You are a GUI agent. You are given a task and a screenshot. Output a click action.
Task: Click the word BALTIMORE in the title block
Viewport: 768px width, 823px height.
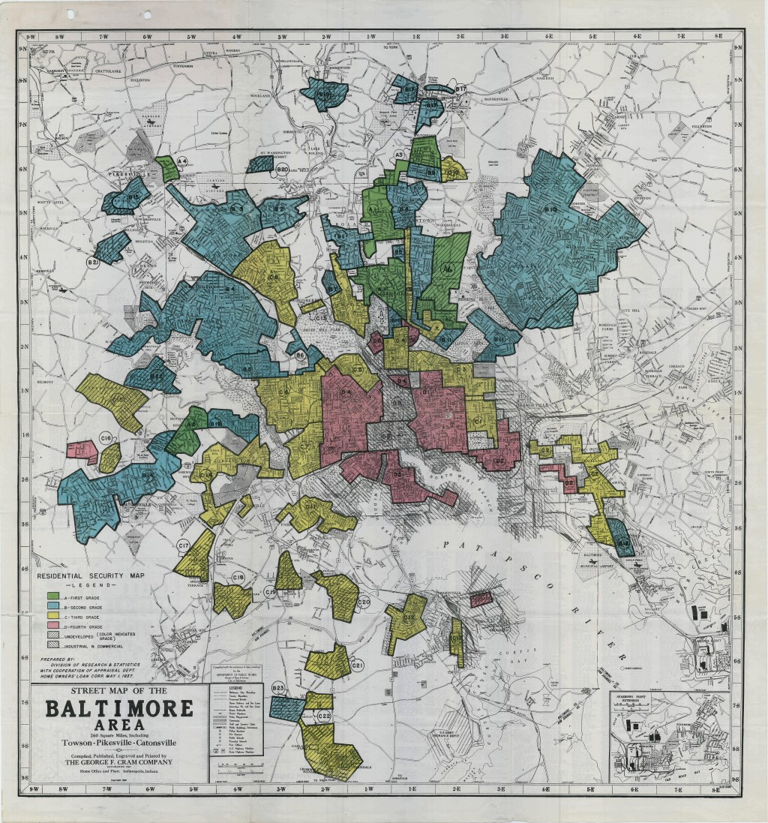pyautogui.click(x=118, y=710)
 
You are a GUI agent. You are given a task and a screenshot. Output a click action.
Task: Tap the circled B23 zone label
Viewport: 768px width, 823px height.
pyautogui.click(x=278, y=688)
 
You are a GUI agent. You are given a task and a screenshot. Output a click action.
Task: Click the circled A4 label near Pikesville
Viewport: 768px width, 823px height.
pyautogui.click(x=181, y=161)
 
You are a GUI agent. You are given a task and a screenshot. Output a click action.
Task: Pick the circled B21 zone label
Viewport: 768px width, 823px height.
pyautogui.click(x=93, y=263)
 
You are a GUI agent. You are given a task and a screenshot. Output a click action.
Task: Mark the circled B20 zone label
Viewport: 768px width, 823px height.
pyautogui.click(x=283, y=171)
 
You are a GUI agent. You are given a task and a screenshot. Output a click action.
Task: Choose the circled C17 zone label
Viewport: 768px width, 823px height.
pyautogui.click(x=183, y=545)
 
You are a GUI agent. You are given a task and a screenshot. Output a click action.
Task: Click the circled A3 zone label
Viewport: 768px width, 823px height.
pyautogui.click(x=400, y=155)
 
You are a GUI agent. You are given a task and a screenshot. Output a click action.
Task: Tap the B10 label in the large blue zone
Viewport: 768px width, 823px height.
pyautogui.click(x=550, y=209)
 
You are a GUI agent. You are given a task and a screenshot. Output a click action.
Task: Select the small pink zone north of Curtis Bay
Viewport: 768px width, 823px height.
pyautogui.click(x=481, y=598)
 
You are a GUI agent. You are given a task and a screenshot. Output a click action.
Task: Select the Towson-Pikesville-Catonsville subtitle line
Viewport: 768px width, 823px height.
pyautogui.click(x=118, y=742)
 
